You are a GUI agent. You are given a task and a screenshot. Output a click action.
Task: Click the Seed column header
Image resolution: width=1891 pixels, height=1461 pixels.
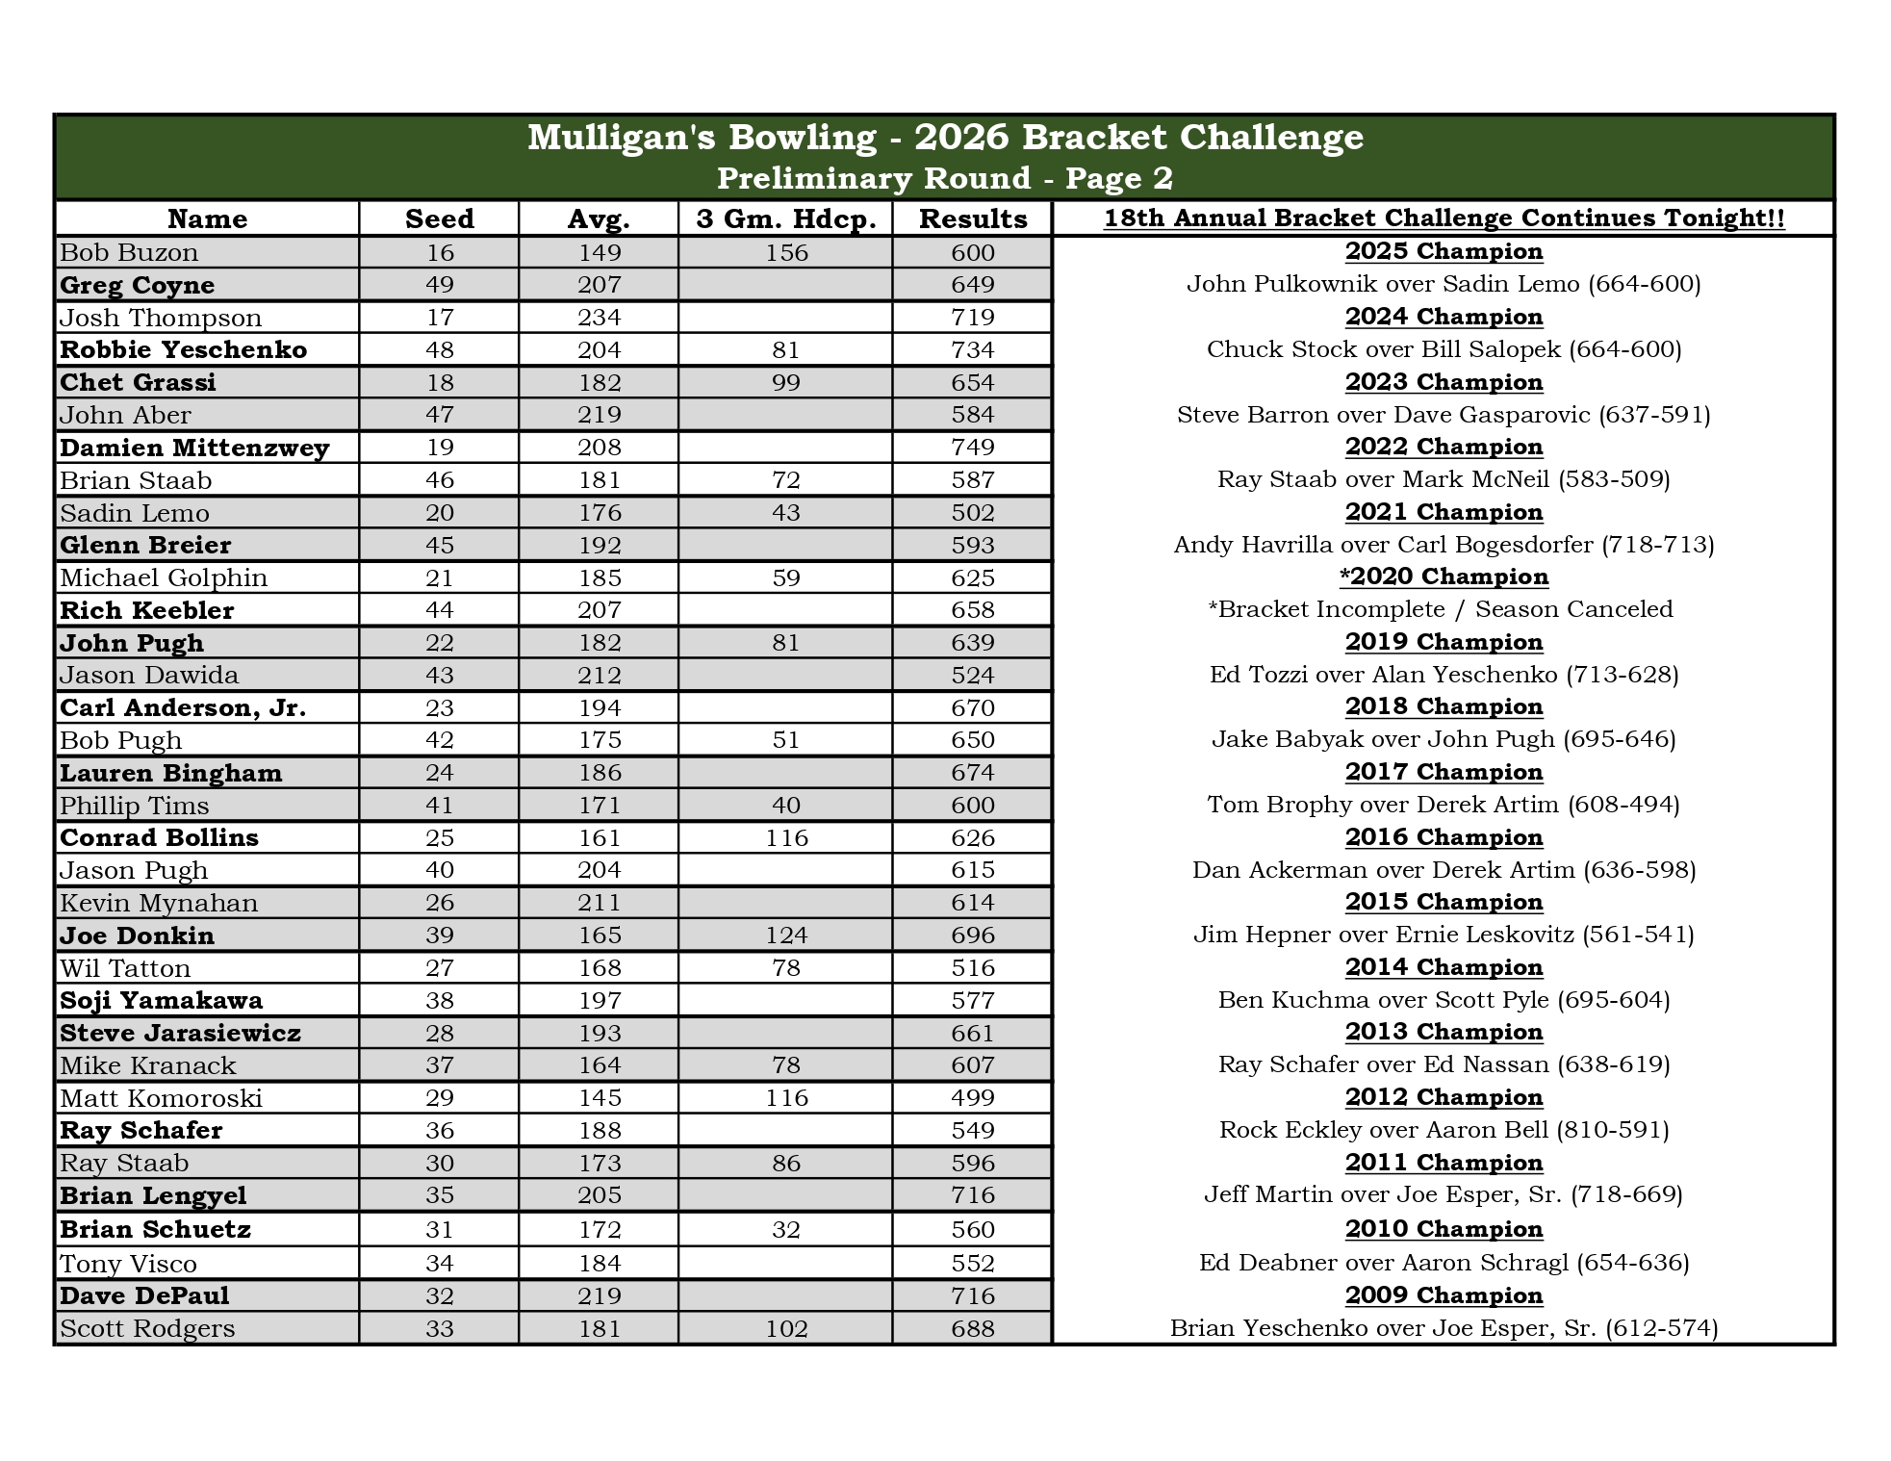[x=439, y=218]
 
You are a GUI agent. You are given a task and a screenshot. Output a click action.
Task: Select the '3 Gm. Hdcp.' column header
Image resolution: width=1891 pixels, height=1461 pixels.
[x=785, y=218]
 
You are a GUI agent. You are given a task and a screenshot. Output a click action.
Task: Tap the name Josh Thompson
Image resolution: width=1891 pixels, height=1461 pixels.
[x=161, y=318]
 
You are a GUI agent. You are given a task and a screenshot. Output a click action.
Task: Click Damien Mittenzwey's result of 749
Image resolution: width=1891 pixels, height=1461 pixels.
[x=972, y=448]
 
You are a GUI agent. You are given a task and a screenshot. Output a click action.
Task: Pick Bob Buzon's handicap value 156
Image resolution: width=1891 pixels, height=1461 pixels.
[x=785, y=252]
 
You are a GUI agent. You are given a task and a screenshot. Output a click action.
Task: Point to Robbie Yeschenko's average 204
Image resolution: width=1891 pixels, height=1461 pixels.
[x=599, y=350]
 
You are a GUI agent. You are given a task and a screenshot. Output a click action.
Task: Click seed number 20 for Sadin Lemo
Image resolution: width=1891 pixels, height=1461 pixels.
[x=439, y=513]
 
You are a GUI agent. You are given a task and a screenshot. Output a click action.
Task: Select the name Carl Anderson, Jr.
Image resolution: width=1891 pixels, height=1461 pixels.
[x=183, y=708]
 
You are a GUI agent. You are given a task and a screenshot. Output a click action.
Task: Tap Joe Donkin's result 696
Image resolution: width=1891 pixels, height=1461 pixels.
[x=972, y=936]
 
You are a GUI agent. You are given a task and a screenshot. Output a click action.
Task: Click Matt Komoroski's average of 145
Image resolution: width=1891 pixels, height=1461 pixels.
[x=599, y=1098]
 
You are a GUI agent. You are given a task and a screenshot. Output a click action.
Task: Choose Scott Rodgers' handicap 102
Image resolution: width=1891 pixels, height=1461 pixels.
[x=785, y=1328]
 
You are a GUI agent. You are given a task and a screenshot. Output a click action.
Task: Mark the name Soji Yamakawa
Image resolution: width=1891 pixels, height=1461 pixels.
[x=161, y=1001]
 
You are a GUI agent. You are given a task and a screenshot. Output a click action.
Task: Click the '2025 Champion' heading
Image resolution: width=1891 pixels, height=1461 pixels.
[x=1444, y=251]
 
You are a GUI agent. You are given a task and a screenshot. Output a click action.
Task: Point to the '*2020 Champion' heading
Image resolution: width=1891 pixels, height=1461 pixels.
[x=1444, y=577]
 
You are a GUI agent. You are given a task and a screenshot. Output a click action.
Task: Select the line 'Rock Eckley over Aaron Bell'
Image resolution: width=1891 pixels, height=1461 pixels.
[x=1444, y=1130]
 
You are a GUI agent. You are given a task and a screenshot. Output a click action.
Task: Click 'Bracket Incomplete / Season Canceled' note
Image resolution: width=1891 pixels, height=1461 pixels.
[x=1444, y=609]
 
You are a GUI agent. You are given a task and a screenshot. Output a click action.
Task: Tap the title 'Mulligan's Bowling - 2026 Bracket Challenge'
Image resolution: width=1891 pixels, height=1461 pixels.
[x=945, y=138]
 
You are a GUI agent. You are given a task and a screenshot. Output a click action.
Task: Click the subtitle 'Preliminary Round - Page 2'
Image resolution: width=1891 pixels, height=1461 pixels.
[x=945, y=178]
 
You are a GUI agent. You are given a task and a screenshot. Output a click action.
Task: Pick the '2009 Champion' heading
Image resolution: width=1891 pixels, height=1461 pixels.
[x=1444, y=1295]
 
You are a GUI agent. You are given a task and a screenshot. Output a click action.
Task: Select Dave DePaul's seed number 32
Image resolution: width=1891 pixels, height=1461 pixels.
[x=439, y=1295]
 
